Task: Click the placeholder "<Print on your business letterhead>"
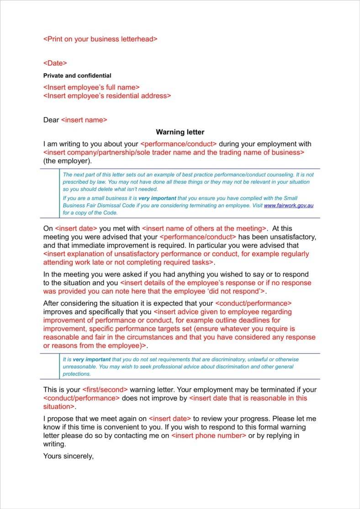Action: click(100, 39)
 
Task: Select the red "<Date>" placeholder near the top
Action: click(55, 63)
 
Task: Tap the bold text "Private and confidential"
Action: click(77, 75)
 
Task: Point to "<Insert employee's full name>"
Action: click(91, 87)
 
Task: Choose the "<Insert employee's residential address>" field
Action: click(107, 95)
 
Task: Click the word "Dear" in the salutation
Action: click(51, 120)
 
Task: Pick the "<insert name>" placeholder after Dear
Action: click(84, 120)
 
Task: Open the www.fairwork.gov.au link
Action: click(288, 206)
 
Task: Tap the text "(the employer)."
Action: click(67, 161)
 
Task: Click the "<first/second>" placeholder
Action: click(105, 390)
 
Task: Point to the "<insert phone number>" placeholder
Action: click(209, 435)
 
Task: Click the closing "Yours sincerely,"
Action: click(68, 456)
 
